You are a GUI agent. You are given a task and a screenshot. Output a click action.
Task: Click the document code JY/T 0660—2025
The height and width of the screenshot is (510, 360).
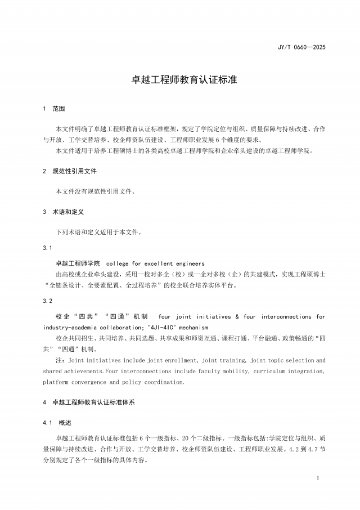click(301, 47)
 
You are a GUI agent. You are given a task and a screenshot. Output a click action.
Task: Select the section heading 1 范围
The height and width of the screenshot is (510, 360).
click(54, 109)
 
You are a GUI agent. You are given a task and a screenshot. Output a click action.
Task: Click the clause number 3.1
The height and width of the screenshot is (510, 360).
click(47, 248)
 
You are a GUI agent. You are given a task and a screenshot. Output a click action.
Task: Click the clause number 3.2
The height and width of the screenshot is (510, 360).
click(47, 301)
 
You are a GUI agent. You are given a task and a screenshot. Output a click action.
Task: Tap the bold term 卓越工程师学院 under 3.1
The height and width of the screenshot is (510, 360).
click(78, 263)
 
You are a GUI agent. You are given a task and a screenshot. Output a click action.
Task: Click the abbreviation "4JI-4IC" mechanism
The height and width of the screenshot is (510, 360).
click(177, 327)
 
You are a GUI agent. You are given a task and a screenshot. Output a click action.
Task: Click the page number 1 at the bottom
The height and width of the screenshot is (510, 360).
click(318, 478)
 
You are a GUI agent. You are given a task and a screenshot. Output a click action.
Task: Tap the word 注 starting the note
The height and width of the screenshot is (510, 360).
click(58, 360)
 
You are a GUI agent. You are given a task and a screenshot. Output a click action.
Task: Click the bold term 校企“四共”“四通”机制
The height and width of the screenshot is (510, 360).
click(101, 317)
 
